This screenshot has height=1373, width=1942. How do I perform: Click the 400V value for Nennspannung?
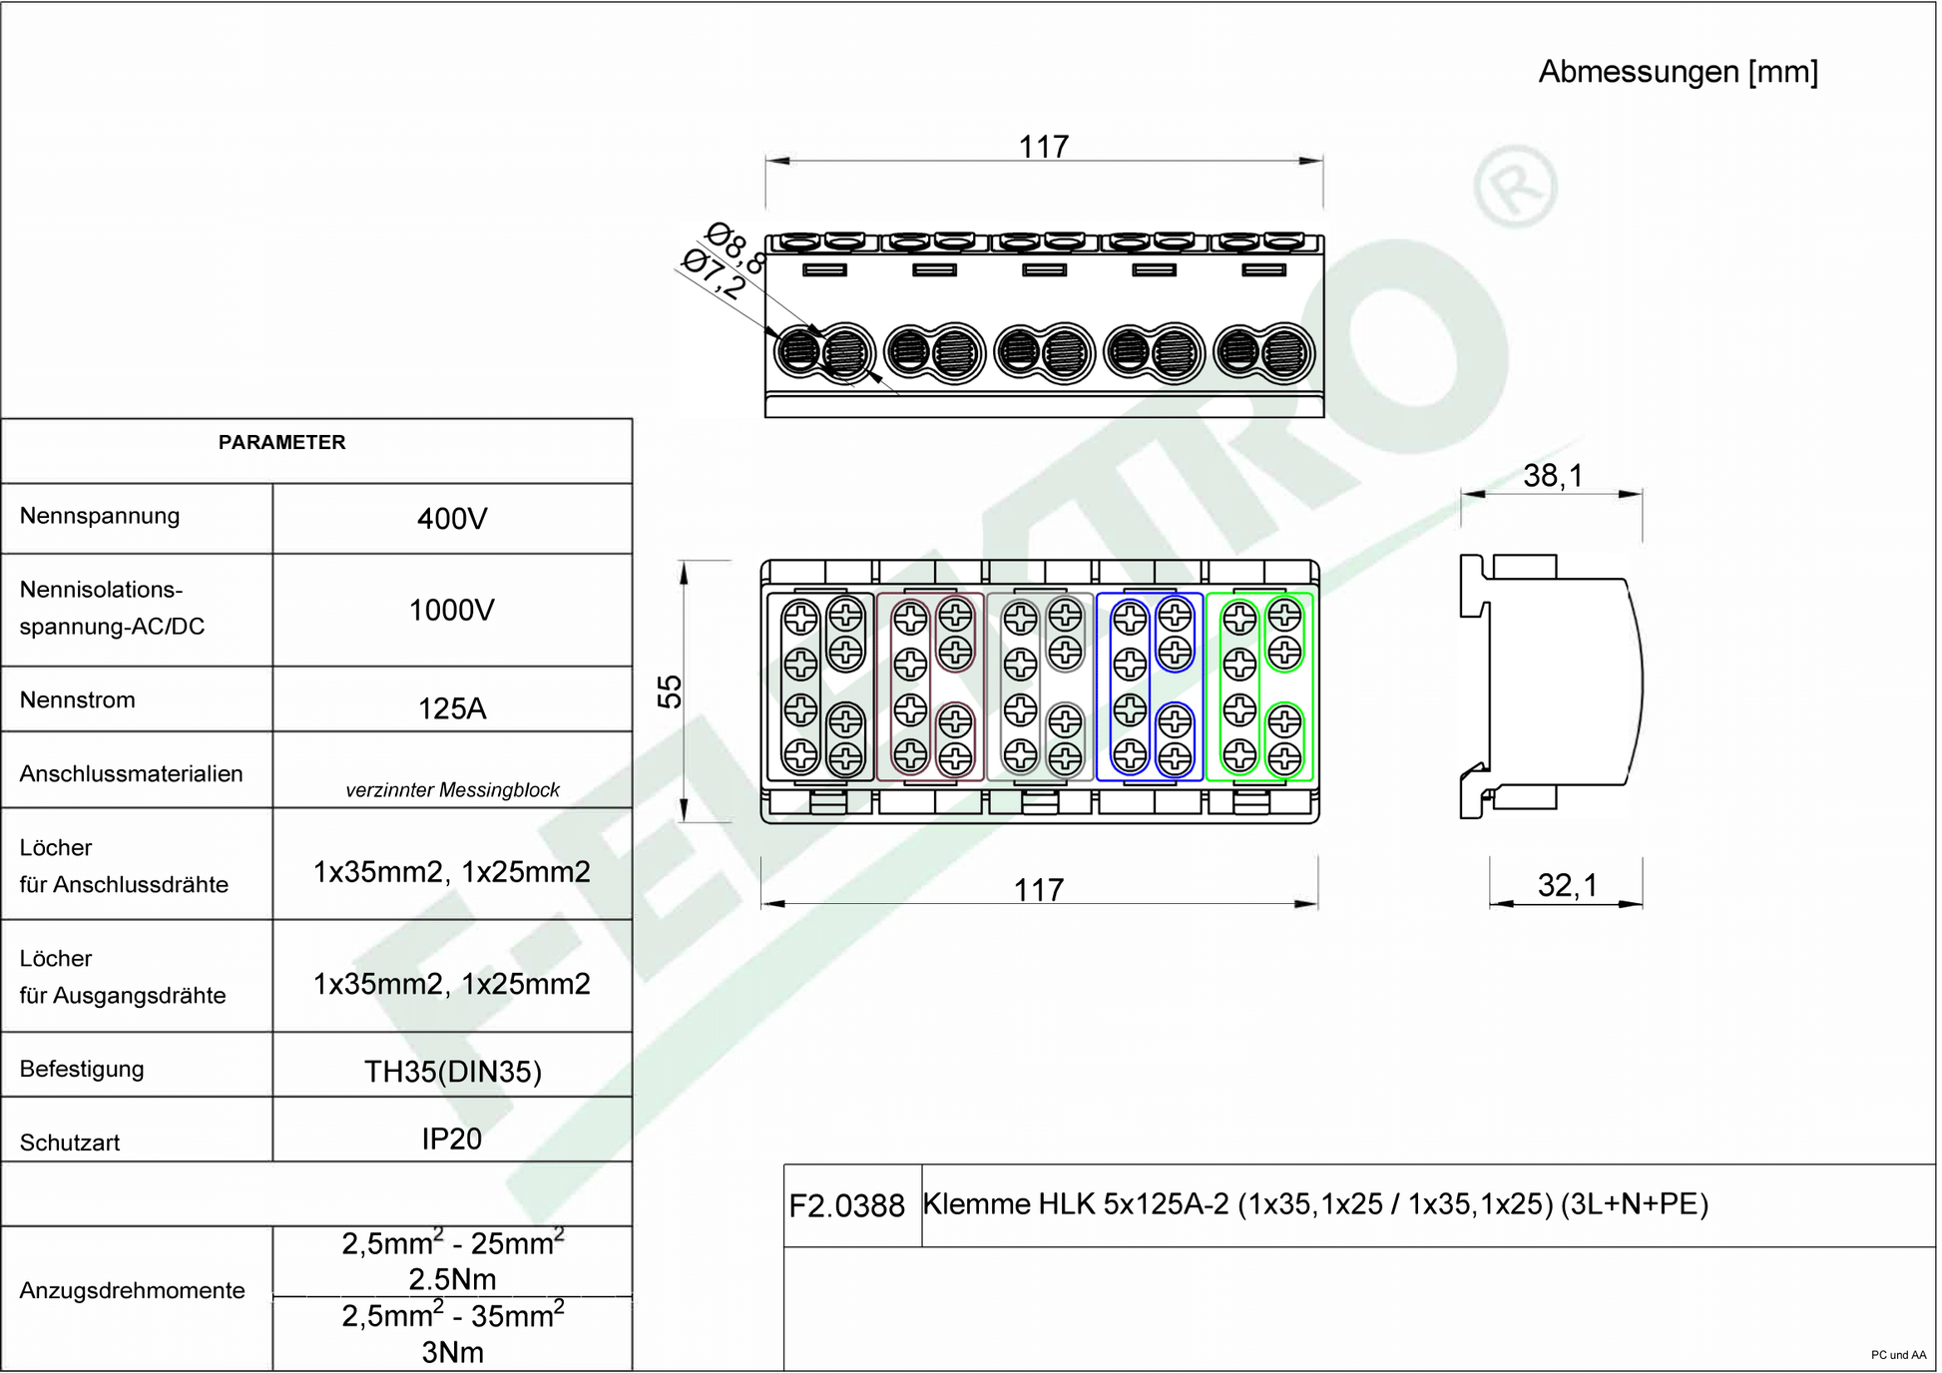tap(452, 519)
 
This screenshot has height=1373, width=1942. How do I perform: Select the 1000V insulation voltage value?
tap(452, 610)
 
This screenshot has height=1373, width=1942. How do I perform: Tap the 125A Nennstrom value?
tap(452, 708)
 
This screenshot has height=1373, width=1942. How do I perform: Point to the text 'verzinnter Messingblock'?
tap(452, 790)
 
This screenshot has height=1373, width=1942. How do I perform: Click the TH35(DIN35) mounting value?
tap(453, 1072)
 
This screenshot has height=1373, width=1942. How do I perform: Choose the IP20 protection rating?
tap(452, 1139)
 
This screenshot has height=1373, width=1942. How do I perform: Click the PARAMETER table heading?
tap(282, 442)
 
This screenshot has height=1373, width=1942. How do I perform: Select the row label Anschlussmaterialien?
tap(131, 774)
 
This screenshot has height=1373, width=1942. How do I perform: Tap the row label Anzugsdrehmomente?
tap(132, 1291)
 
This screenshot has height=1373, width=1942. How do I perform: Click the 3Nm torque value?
tap(452, 1353)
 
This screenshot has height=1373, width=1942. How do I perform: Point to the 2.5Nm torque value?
tap(452, 1279)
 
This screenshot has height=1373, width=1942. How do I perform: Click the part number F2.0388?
tap(847, 1206)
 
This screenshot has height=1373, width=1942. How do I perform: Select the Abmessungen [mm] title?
tap(1679, 72)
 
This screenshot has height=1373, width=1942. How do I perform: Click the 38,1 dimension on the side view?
tap(1553, 476)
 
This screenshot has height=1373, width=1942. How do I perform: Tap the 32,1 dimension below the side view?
tap(1568, 885)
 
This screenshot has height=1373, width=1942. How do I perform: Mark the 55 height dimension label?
tap(670, 691)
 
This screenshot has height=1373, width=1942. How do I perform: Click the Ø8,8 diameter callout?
tap(735, 248)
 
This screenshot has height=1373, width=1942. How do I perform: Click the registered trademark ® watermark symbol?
tap(1516, 187)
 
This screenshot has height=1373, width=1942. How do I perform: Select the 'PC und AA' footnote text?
tap(1899, 1355)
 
